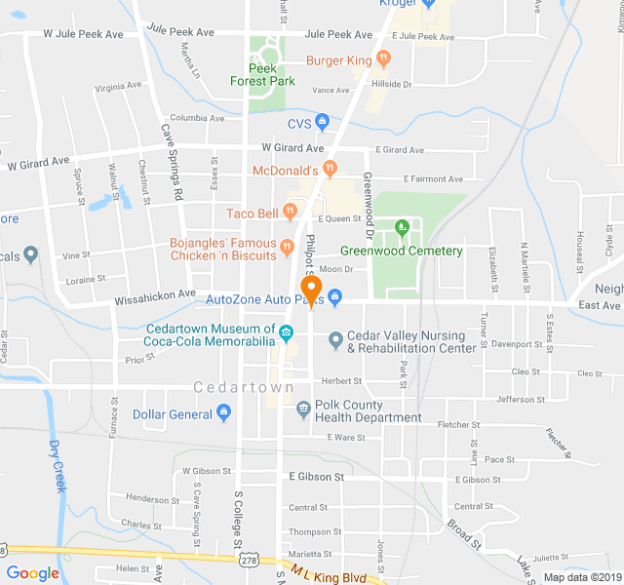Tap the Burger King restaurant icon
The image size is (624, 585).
click(385, 59)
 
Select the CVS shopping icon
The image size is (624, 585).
click(323, 123)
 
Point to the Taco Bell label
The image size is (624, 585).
click(253, 214)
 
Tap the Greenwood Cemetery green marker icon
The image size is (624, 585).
click(401, 229)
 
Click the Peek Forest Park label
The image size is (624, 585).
click(263, 75)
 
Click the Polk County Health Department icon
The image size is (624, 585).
click(303, 407)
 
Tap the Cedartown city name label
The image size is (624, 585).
click(244, 387)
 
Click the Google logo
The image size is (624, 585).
click(32, 572)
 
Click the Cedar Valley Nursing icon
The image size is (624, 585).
click(335, 340)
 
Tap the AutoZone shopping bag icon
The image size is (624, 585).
click(334, 296)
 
